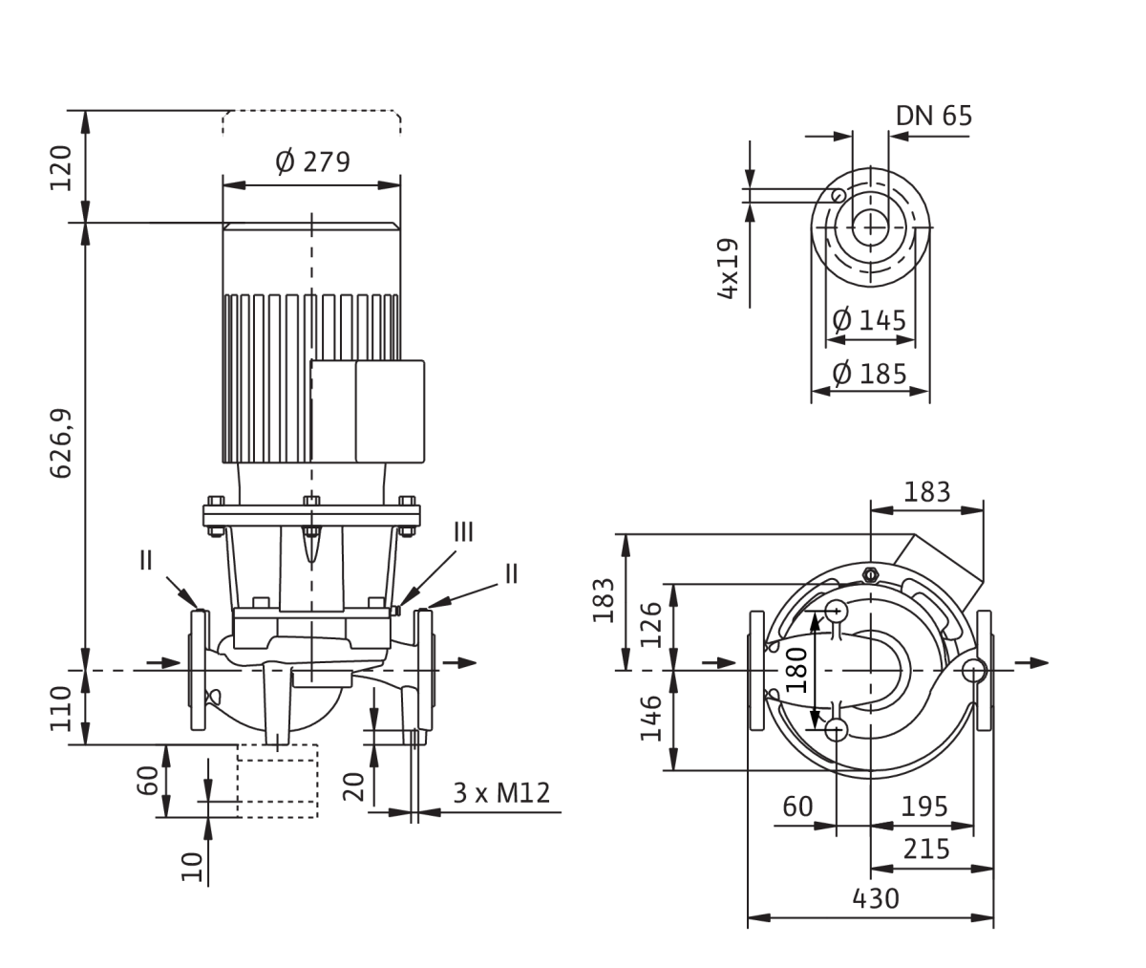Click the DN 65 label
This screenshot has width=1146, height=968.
[x=934, y=116]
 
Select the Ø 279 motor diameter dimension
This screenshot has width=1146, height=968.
[x=312, y=161]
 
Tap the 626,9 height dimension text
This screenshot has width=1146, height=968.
[x=61, y=443]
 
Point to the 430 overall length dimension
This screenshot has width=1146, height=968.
[x=876, y=899]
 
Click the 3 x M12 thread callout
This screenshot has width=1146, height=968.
[x=501, y=793]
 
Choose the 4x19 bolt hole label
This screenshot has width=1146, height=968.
[x=728, y=269]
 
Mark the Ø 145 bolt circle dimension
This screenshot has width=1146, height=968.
[x=869, y=320]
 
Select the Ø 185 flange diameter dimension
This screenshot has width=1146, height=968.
[x=869, y=375]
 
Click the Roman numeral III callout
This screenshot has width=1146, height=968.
[x=464, y=532]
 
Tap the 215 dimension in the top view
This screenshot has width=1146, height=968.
[x=926, y=849]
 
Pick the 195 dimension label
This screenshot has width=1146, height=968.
[x=924, y=807]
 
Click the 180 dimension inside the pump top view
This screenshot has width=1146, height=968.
[x=796, y=670]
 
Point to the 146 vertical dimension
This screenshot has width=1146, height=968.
[x=651, y=718]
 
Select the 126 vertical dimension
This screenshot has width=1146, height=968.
[x=651, y=625]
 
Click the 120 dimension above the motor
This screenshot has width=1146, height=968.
[x=61, y=168]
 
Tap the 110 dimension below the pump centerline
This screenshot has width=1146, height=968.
[x=61, y=709]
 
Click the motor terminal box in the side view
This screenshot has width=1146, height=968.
[x=367, y=412]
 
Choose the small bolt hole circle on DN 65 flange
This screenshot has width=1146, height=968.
[x=838, y=195]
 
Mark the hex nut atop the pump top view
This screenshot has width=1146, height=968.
[x=870, y=574]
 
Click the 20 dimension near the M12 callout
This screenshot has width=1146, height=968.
[x=354, y=786]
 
